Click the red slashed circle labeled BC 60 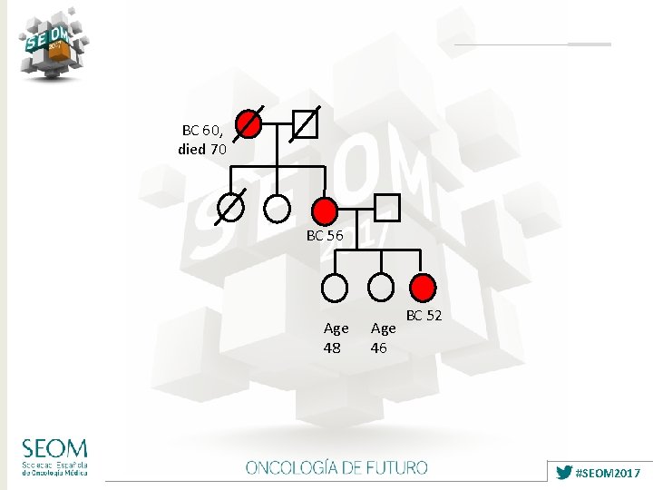pyautogui.click(x=249, y=123)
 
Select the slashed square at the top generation pyautogui.click(x=305, y=123)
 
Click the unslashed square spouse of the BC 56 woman pyautogui.click(x=387, y=208)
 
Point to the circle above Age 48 pyautogui.click(x=335, y=288)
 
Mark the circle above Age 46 pyautogui.click(x=382, y=288)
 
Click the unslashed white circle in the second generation pyautogui.click(x=277, y=209)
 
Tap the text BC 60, pyautogui.click(x=203, y=131)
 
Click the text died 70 pyautogui.click(x=202, y=150)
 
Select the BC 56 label pyautogui.click(x=325, y=235)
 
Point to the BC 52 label pyautogui.click(x=424, y=316)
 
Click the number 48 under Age pyautogui.click(x=333, y=348)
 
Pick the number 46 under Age pyautogui.click(x=380, y=348)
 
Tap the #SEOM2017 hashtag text pyautogui.click(x=609, y=473)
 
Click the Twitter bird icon pyautogui.click(x=564, y=473)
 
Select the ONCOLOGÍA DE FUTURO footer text pyautogui.click(x=336, y=468)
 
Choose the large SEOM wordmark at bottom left pyautogui.click(x=55, y=448)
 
